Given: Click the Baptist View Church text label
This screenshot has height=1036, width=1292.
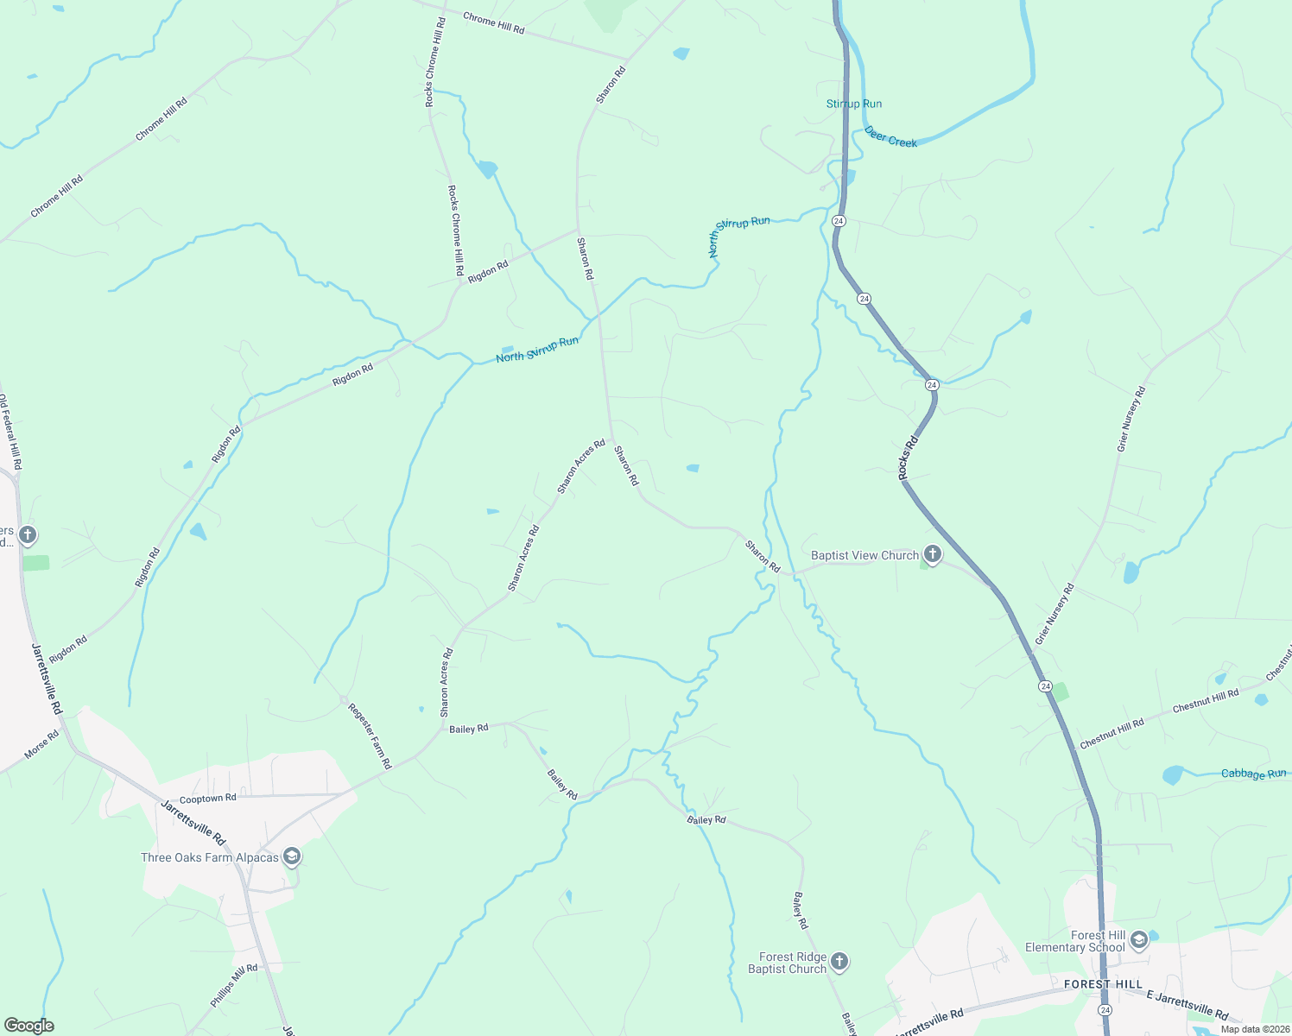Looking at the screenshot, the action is coord(864,555).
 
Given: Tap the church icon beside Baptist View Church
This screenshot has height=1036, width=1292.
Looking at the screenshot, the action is coord(932,553).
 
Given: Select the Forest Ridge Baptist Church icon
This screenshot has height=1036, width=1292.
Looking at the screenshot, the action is coord(839,962).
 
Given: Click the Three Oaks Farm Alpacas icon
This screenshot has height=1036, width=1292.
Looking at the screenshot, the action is coord(292,856).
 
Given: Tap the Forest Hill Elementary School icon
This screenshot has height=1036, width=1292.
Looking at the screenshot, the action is coord(1138,940).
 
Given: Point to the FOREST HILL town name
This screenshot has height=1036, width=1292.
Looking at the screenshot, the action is coord(1103,984).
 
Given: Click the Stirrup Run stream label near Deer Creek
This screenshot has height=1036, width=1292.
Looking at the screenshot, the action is coord(854,104).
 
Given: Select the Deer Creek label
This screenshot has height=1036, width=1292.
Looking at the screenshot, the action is coord(890,137).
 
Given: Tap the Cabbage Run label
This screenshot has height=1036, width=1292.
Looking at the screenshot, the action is coord(1253,774).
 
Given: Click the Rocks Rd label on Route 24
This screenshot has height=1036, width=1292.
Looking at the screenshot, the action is coord(907,458).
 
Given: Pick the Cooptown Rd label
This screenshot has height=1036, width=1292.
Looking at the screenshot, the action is coord(207,799).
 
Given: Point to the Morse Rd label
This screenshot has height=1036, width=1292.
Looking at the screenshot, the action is coord(41,745).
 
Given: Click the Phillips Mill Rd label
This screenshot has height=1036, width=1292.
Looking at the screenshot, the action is coord(234,986).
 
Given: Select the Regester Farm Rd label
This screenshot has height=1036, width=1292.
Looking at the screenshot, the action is coord(370,736).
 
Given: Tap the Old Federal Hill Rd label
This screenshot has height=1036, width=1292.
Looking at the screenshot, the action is coord(9,432).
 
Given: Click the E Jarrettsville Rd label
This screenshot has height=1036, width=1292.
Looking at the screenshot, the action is coord(1187,1005).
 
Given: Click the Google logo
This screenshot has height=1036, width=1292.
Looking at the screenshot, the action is coord(28,1026).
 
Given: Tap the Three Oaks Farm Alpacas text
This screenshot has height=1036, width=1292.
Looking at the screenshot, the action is coord(210,857).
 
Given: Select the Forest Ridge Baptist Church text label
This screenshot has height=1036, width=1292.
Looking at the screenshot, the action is coord(788,963).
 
